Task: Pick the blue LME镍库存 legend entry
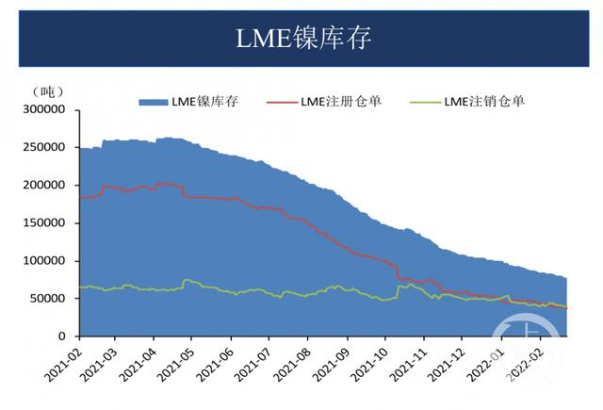coord(189,102)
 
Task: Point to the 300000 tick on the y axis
coord(44,110)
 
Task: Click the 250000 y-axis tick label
coord(44,148)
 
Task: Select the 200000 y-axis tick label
coord(44,186)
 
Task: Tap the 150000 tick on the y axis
coord(44,223)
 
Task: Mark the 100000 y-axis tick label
coord(44,261)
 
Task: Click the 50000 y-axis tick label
coord(48,299)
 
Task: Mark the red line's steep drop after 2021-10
coord(399,271)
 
